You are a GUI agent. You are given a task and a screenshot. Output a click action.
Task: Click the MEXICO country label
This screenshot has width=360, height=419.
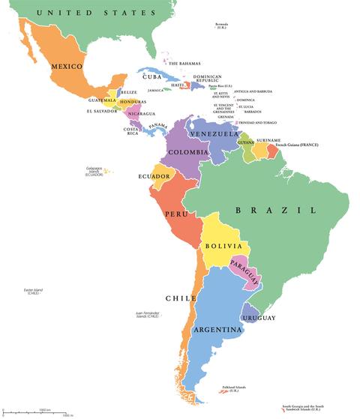[x=66, y=67]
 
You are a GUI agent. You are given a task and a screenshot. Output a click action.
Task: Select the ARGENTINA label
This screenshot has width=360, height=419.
[x=217, y=329]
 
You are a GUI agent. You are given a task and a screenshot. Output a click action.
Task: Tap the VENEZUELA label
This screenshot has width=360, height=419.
[x=213, y=133]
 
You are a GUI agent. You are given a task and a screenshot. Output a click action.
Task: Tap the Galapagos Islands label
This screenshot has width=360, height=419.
[x=94, y=171]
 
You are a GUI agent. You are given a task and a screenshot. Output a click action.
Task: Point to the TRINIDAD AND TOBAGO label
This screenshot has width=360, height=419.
[x=263, y=122]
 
